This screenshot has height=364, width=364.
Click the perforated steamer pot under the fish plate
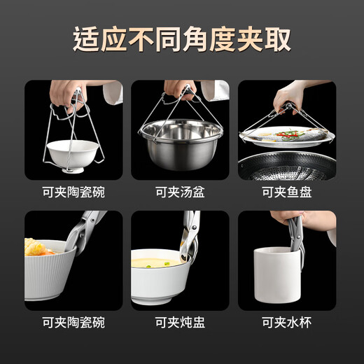coord(287,167)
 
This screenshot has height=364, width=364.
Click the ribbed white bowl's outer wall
coord(56,276)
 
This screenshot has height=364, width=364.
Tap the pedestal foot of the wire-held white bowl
coord(71,169)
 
